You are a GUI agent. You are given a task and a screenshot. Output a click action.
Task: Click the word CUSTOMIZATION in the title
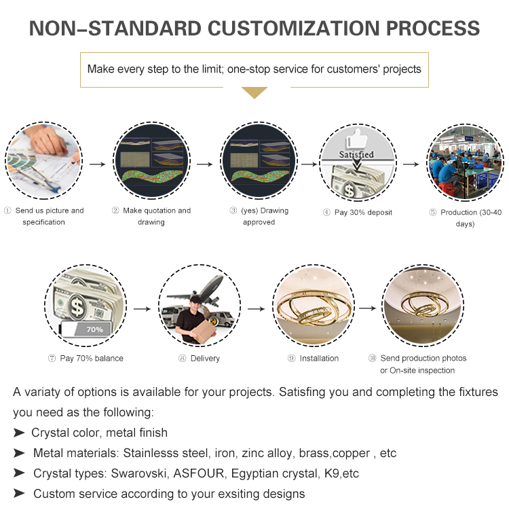pos(293,29)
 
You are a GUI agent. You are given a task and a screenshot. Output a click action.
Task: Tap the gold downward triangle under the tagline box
pos(254,92)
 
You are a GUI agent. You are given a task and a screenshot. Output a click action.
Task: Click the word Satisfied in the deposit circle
pos(356,154)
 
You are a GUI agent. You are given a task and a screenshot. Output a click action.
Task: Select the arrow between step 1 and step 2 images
pos(97,164)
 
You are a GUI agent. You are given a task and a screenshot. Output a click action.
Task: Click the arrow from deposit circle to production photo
pos(411,164)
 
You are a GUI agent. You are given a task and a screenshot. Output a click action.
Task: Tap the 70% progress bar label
pos(94,329)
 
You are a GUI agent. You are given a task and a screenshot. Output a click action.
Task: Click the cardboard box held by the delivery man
pos(204,331)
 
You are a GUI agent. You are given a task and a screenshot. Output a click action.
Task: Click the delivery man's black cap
pos(195,300)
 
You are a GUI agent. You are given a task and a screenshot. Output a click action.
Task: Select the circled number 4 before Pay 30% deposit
pos(326,213)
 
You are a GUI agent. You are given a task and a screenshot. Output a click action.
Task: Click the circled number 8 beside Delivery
pos(183,358)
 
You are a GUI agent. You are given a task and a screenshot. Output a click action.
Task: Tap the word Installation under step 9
pos(319,358)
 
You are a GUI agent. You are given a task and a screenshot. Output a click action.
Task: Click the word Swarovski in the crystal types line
pos(138,473)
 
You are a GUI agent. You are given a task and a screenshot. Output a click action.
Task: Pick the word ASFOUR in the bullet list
pos(199,473)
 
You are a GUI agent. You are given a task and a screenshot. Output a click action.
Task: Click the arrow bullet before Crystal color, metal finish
pos(19,433)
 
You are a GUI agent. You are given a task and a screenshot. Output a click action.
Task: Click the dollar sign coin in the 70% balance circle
pos(77,306)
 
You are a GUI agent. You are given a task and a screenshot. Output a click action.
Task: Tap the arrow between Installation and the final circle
pos(367,308)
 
